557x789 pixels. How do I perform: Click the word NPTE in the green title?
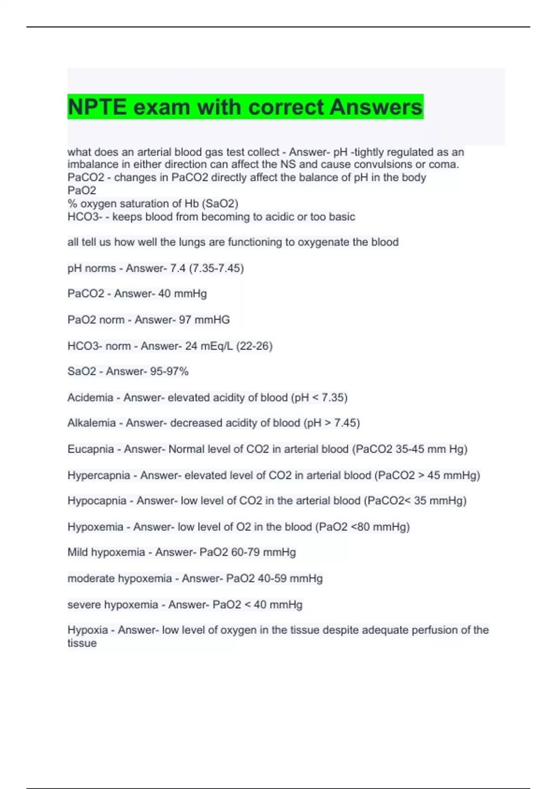[97, 107]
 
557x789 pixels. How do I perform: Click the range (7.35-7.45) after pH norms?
[216, 268]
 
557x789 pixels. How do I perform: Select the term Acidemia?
[90, 398]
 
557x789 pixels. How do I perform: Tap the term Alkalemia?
[91, 423]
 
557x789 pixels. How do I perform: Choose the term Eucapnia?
[91, 449]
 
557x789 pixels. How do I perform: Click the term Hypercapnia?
[98, 475]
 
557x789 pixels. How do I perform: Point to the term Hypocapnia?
[97, 501]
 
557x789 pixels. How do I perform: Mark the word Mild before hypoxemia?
[78, 552]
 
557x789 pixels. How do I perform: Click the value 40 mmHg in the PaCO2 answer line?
[182, 294]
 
